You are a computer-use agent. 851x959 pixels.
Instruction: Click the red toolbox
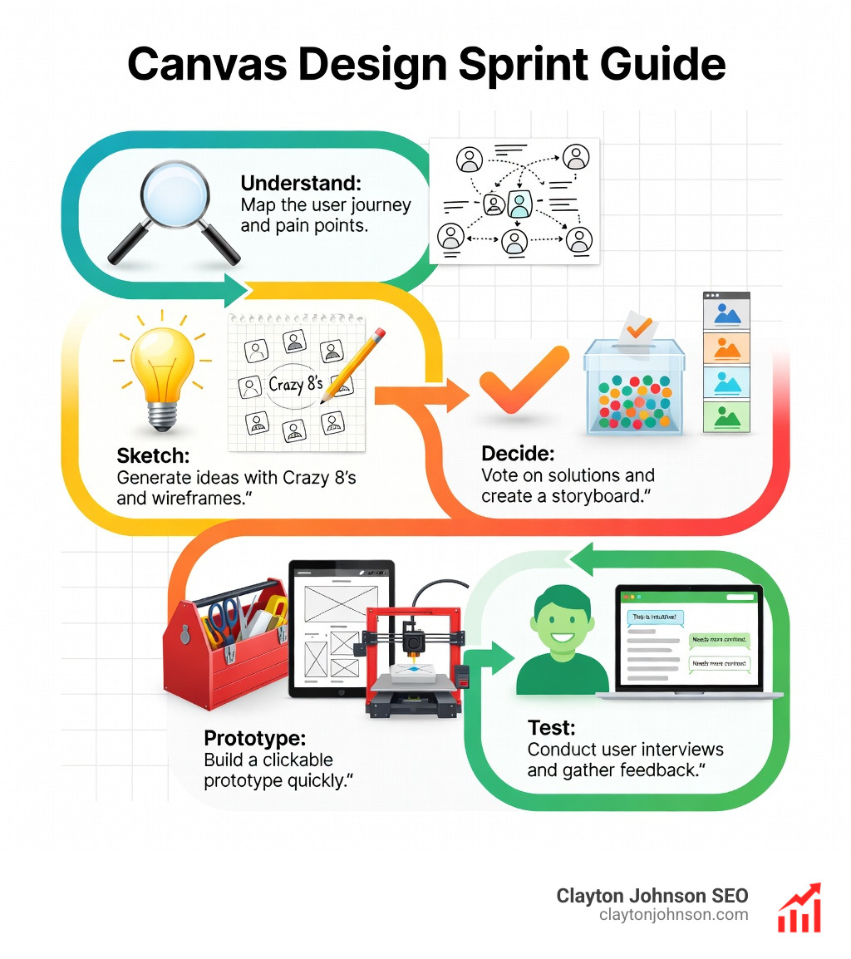[x=224, y=648]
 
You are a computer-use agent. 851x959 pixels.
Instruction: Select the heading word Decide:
[x=517, y=454]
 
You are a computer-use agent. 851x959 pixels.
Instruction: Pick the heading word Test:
[x=551, y=728]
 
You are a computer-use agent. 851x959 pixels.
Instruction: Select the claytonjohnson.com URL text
[x=673, y=915]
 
